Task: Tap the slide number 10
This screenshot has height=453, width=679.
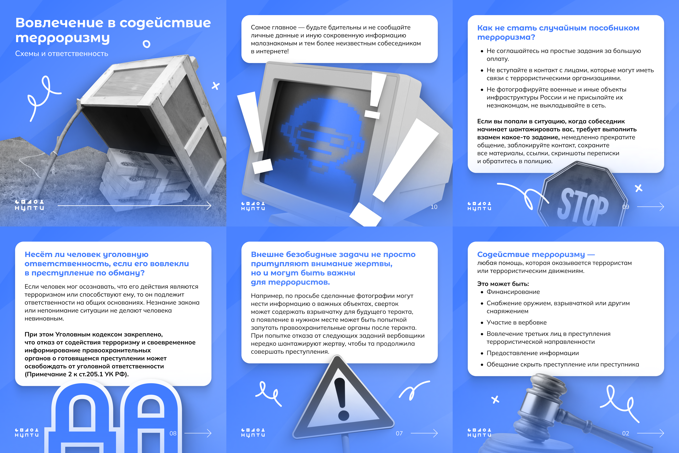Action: tap(434, 207)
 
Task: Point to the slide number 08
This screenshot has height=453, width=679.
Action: tap(173, 433)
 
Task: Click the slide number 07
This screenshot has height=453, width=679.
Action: tap(399, 433)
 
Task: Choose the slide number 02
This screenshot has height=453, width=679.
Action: tap(626, 433)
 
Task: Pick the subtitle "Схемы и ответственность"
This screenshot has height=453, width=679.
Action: tap(61, 54)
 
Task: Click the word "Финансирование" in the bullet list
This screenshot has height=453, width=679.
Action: tap(513, 292)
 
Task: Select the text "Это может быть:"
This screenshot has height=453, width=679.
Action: tap(503, 284)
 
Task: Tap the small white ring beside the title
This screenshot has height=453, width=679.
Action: tap(147, 44)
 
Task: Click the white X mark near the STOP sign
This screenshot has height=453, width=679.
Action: tap(639, 188)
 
